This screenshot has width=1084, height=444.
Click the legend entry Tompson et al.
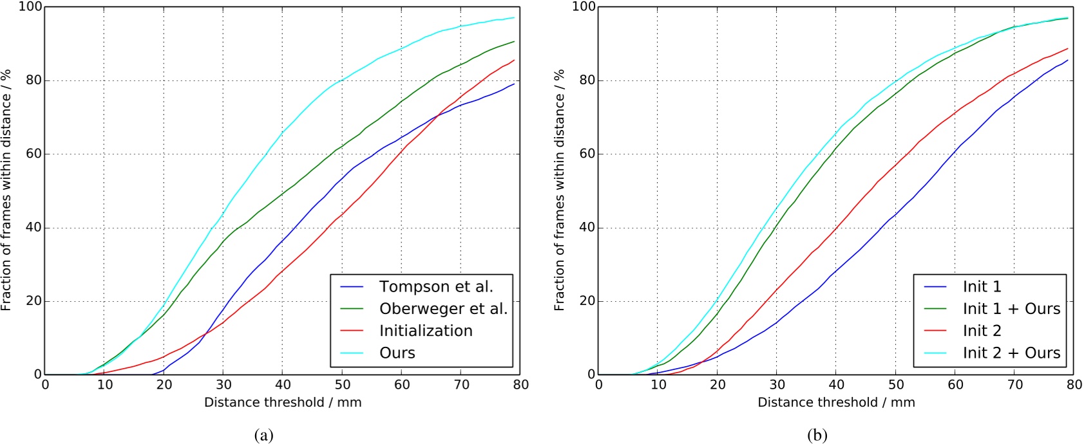435,287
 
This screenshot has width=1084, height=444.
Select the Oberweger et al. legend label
443,309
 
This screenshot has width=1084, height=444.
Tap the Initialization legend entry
426,331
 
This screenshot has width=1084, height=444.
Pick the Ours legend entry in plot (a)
397,353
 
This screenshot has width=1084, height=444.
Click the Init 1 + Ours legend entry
1011,309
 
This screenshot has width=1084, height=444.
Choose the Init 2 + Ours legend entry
1011,353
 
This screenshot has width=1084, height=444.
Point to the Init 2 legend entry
982,331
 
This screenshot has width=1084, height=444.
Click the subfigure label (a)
264,436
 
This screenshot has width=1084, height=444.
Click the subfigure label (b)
817,436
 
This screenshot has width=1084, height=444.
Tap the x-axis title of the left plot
283,403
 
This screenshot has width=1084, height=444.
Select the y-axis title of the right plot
559,190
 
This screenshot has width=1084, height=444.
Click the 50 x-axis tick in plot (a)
342,385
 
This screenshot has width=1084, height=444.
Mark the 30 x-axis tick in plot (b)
777,385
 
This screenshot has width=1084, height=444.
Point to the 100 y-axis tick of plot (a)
30,7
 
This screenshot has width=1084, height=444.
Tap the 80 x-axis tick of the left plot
520,385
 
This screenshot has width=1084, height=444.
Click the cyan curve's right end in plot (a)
514,17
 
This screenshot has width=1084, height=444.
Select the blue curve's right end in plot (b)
1068,60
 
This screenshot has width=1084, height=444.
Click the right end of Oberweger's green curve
514,41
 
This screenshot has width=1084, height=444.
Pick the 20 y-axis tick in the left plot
33,301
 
